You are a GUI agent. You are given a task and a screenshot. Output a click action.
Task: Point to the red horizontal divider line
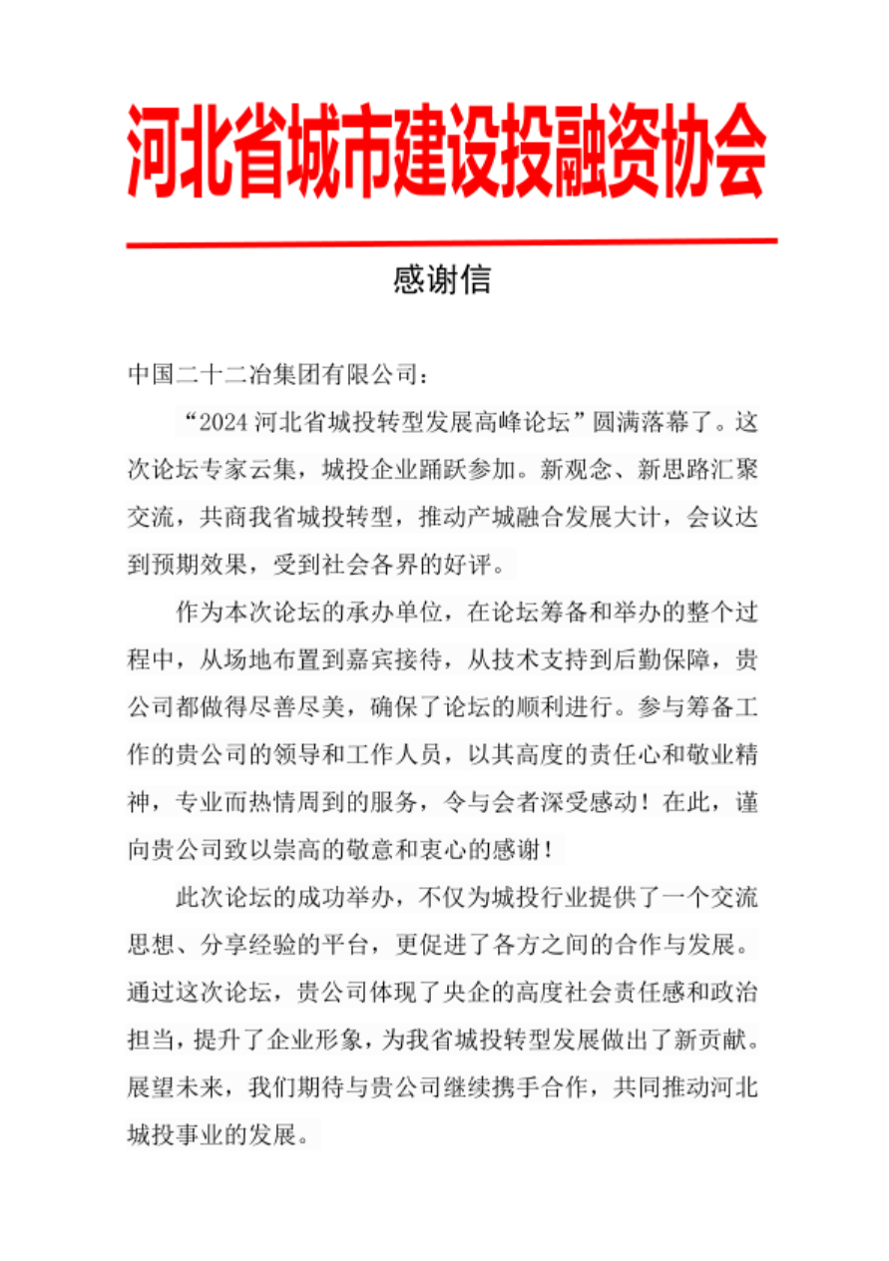pos(451,241)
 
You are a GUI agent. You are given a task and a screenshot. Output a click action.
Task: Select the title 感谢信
pos(441,280)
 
